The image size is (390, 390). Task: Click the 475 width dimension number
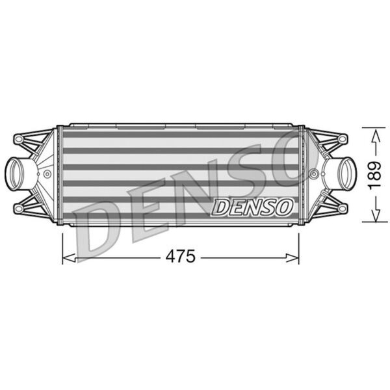tap(181, 257)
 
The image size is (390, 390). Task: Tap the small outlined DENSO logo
tap(252, 207)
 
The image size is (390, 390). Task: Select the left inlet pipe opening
tap(16, 174)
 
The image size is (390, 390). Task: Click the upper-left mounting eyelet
tap(18, 139)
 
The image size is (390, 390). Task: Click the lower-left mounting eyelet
tap(18, 208)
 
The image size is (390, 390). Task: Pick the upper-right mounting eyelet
tap(343, 138)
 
